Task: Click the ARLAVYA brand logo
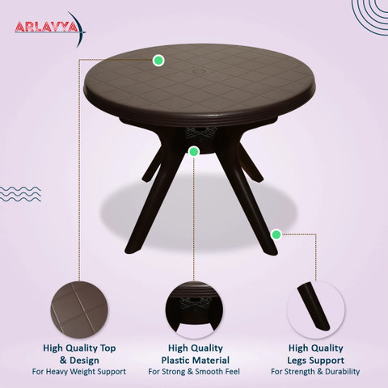(x=50, y=27)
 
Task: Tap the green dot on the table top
(x=158, y=60)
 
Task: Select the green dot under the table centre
(x=193, y=152)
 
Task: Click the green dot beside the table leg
(x=276, y=234)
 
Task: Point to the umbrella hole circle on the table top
(x=199, y=72)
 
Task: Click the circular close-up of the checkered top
(x=79, y=310)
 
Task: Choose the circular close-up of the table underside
(x=194, y=310)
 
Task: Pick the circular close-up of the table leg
(x=316, y=310)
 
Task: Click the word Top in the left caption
(x=108, y=348)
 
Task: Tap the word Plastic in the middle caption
(x=178, y=361)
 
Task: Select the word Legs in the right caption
(x=297, y=361)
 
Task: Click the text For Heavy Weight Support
(x=79, y=372)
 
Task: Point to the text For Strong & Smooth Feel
(x=194, y=372)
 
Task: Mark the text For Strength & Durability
(x=315, y=372)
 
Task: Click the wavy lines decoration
(x=20, y=194)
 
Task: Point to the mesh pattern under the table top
(x=200, y=132)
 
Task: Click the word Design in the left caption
(x=84, y=361)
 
